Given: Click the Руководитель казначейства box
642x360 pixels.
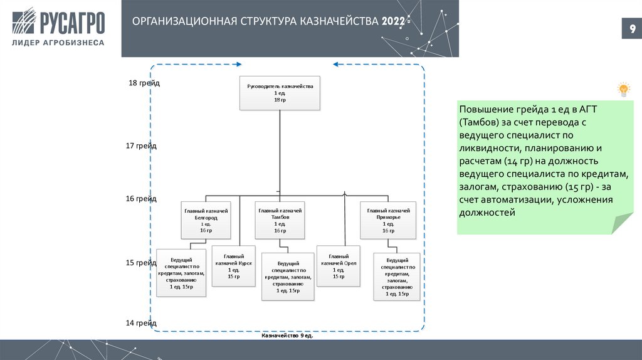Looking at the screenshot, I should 280,93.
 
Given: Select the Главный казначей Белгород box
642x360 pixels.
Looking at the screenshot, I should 206,220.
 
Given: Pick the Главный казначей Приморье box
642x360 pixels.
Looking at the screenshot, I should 388,220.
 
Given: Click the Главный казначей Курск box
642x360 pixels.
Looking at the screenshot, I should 233,266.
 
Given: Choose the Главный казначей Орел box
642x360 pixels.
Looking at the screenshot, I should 339,266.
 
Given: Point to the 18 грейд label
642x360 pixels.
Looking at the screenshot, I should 144,83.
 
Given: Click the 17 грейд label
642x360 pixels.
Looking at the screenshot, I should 141,146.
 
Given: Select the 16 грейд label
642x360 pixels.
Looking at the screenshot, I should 141,198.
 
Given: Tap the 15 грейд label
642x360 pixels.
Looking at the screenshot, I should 141,262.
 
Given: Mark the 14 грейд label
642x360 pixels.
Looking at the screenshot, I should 141,322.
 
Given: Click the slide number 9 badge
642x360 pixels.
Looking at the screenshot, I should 631,29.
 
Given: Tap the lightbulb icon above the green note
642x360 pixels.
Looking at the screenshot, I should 623,89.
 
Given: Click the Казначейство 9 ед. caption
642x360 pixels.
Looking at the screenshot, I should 287,336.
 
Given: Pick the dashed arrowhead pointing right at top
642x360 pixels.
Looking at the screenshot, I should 238,64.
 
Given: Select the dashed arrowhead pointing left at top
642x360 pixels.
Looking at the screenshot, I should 336,64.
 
